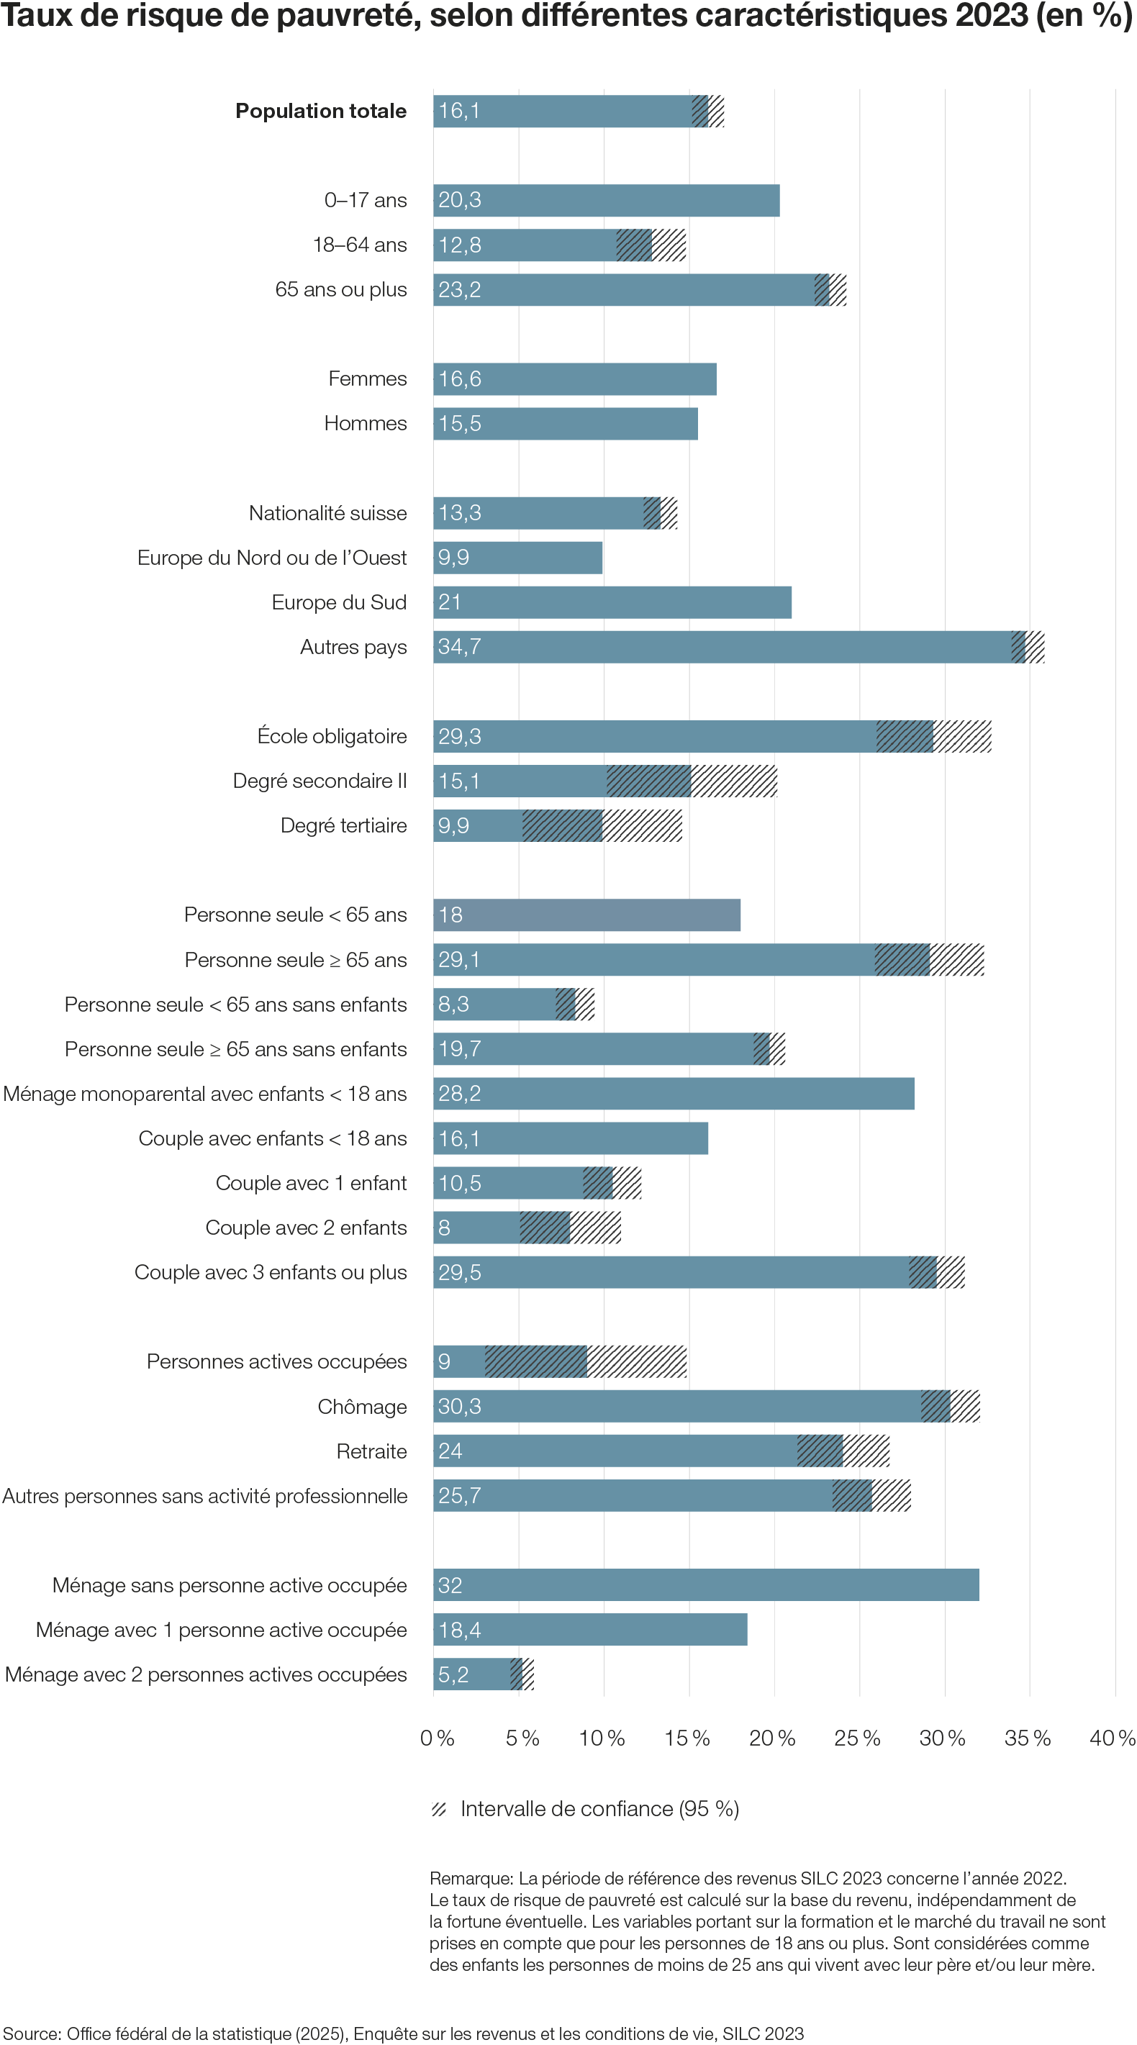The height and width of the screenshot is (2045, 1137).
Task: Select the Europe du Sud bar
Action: [612, 602]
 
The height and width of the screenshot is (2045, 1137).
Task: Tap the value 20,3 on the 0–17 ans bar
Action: [460, 200]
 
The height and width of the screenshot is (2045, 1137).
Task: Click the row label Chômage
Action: [362, 1407]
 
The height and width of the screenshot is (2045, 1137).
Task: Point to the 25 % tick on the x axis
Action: [858, 1738]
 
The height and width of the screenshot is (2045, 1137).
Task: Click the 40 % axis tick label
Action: [1113, 1738]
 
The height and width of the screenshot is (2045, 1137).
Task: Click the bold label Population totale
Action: [321, 111]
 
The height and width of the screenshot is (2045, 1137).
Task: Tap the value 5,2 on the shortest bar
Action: [453, 1674]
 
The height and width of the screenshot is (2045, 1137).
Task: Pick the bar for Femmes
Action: [575, 379]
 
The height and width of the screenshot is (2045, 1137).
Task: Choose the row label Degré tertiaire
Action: [343, 825]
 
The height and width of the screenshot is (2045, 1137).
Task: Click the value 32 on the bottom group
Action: [450, 1585]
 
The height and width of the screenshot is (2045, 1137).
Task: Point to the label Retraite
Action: [371, 1451]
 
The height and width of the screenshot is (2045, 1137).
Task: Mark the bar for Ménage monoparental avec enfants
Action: [674, 1094]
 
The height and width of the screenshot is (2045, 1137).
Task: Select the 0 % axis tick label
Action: [438, 1738]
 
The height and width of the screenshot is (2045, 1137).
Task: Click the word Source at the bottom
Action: [31, 2033]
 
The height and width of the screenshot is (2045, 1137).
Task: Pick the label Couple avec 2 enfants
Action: [306, 1228]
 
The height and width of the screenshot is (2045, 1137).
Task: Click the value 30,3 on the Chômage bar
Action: [460, 1407]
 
